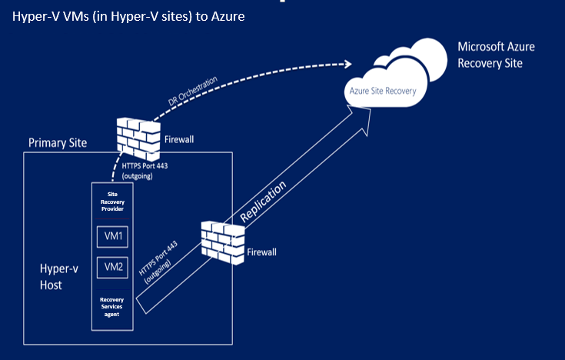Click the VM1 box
[x=112, y=236]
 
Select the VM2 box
[x=112, y=267]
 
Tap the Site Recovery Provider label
[x=112, y=202]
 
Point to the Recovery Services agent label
[x=112, y=306]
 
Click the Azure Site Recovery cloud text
[x=383, y=91]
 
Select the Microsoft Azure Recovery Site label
[x=495, y=55]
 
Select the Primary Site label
[x=58, y=143]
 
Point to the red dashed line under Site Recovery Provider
[x=112, y=218]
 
